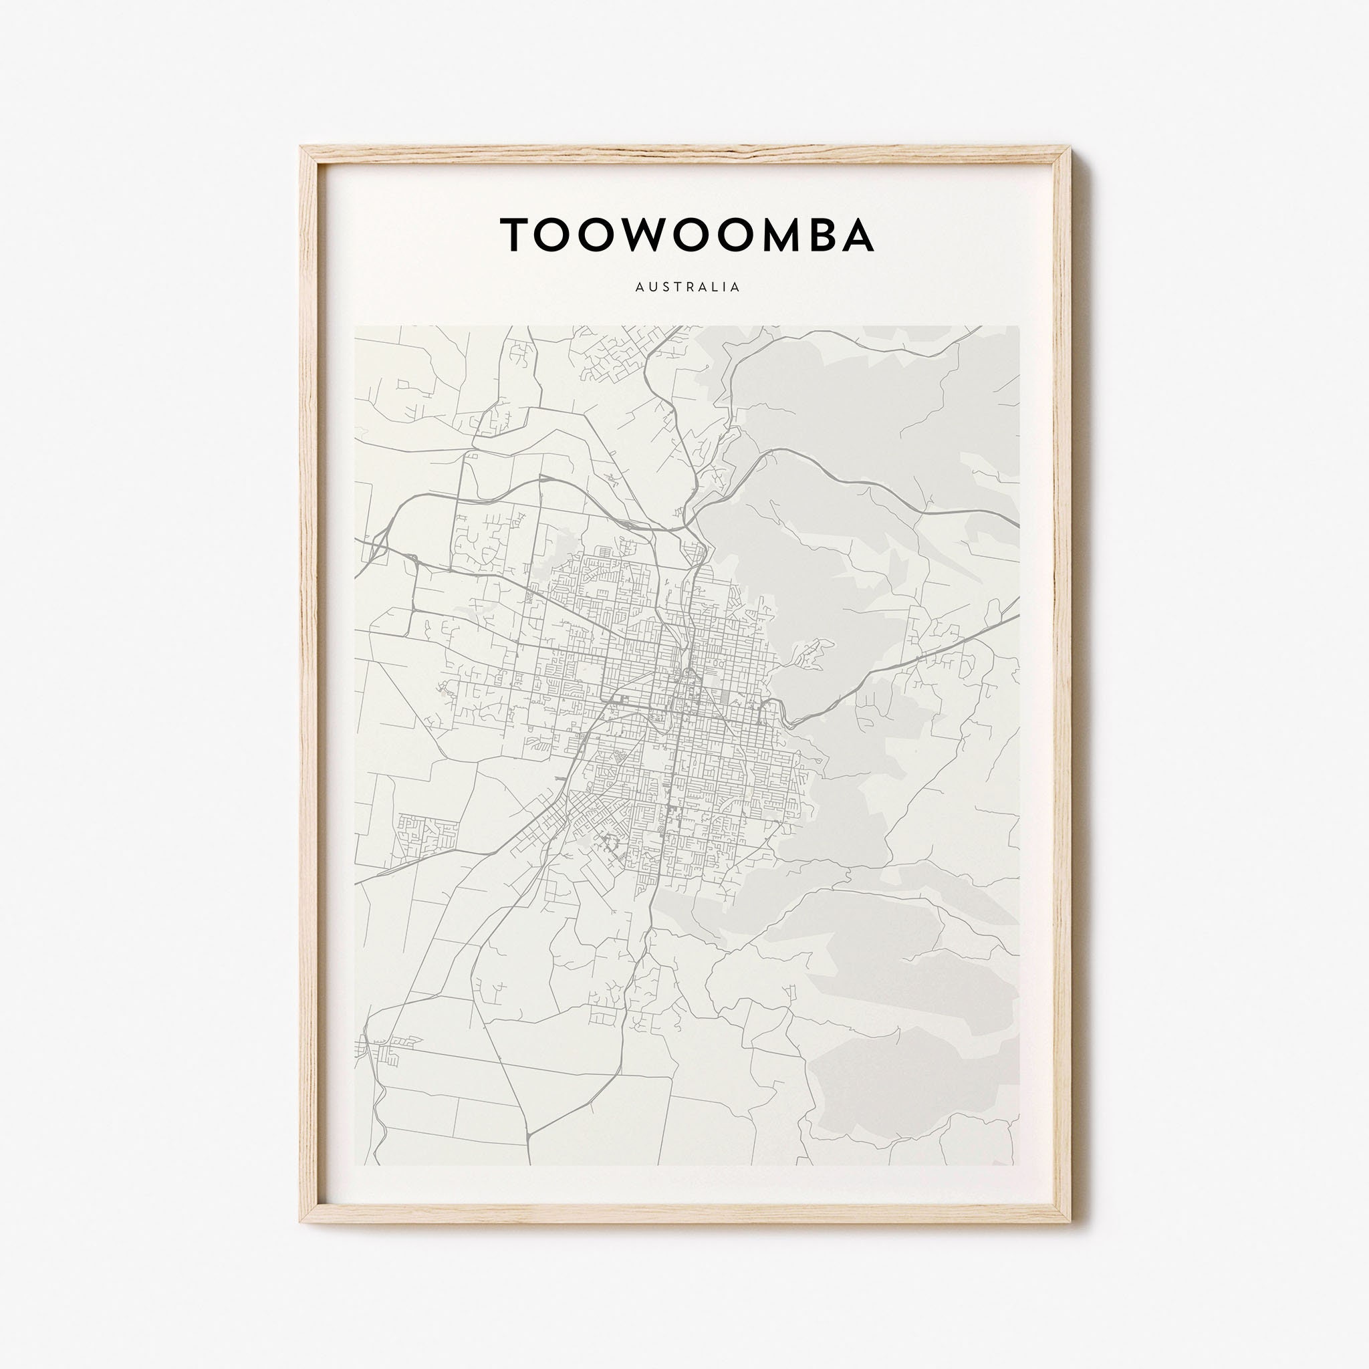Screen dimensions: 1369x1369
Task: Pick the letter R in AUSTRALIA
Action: (x=687, y=287)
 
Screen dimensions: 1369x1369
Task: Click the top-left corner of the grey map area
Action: (x=355, y=327)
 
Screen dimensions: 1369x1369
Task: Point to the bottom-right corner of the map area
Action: (x=1019, y=1165)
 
